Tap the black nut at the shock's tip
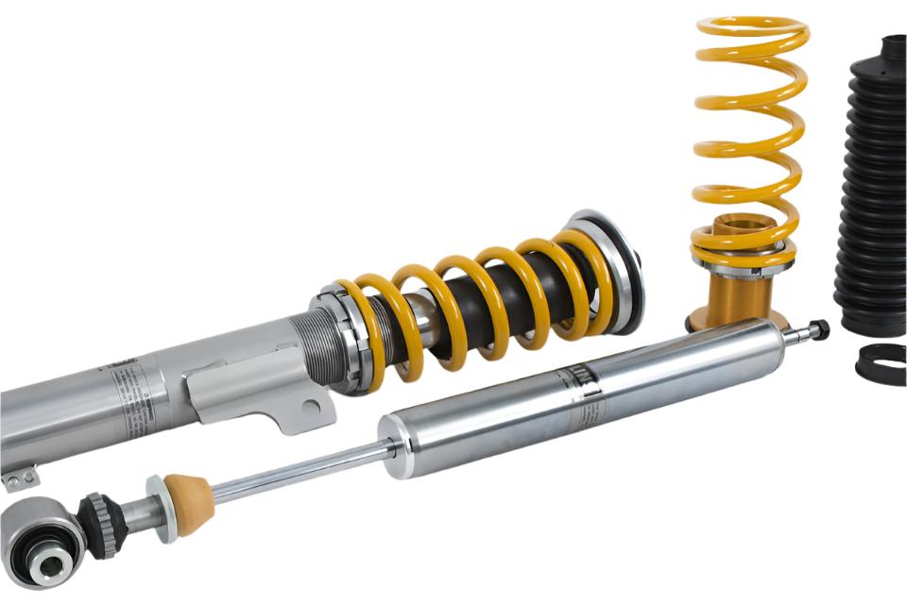[x=818, y=329]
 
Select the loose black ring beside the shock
[x=881, y=362]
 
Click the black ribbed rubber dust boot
[x=871, y=189]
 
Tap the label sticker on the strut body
[x=128, y=396]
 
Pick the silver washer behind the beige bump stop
[x=157, y=510]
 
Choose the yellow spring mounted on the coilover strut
[x=472, y=302]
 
